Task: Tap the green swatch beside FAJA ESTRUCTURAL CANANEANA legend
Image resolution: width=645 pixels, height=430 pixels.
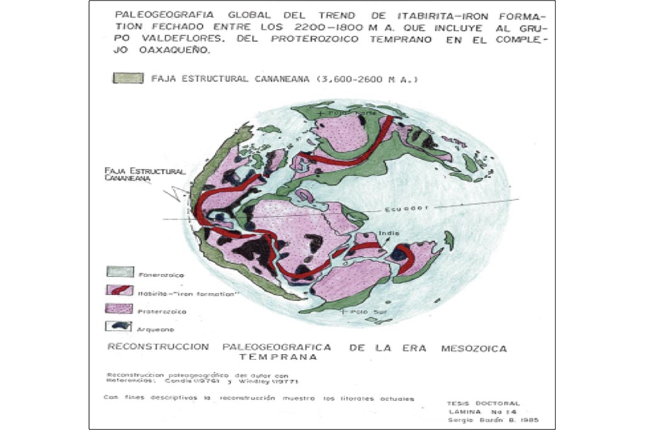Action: [128, 79]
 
